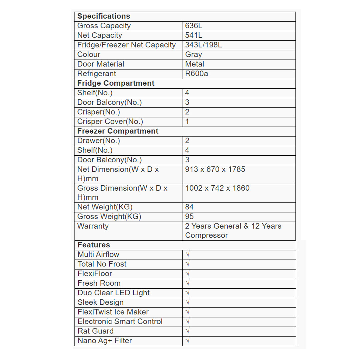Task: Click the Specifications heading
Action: click(x=104, y=16)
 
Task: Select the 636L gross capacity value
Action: click(x=194, y=26)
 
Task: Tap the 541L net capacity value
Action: click(x=194, y=35)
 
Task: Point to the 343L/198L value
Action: click(x=203, y=45)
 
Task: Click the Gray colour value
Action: click(x=193, y=55)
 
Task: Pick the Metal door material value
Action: click(x=195, y=64)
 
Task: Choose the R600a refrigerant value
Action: click(x=196, y=74)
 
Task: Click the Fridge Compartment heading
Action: click(x=116, y=83)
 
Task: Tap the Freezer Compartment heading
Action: click(x=118, y=131)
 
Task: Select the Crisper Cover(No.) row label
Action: click(x=110, y=122)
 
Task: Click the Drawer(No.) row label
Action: click(x=99, y=141)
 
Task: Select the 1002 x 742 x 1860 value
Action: click(x=217, y=188)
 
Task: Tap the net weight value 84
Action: click(x=189, y=207)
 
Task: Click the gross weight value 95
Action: click(x=189, y=217)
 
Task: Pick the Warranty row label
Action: click(x=93, y=226)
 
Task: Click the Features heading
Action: click(x=94, y=245)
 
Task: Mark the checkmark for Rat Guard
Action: click(x=188, y=331)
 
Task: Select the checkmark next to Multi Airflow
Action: click(x=188, y=255)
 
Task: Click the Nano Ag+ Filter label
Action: click(x=105, y=341)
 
